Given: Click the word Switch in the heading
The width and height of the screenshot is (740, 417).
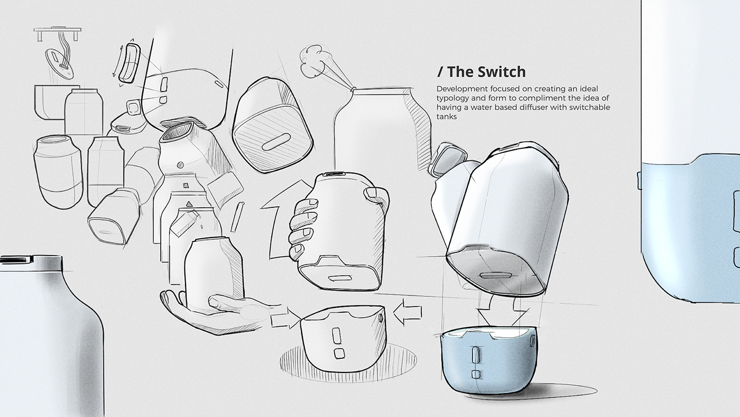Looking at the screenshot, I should pos(499,71).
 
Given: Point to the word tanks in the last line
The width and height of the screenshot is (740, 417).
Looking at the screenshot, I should pos(447,117).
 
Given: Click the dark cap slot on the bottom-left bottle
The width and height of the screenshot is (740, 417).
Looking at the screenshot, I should pos(16,259).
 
